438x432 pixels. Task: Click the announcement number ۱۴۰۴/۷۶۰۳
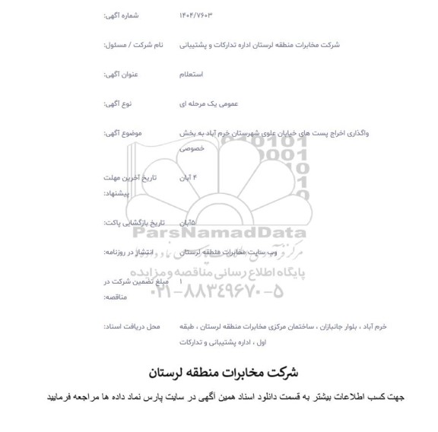tap(197, 15)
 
